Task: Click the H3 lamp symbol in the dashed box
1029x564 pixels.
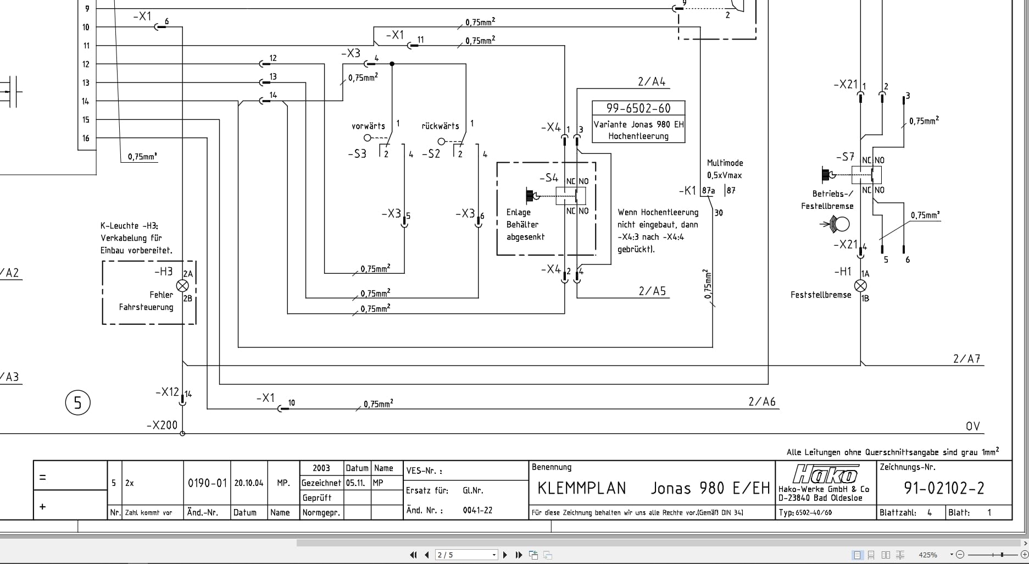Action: pos(182,286)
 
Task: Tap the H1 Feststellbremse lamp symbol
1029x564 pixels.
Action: pos(861,286)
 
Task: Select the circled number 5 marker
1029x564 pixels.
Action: pos(77,402)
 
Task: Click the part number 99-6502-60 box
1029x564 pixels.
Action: pos(638,108)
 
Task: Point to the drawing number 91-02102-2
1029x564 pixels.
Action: pos(944,488)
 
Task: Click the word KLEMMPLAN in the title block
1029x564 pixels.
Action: pos(581,488)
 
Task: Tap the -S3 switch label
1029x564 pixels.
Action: pos(357,154)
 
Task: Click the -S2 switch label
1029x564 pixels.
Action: pos(431,154)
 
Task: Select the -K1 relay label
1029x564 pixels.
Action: pos(687,191)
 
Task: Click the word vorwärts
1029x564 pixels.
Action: pos(368,126)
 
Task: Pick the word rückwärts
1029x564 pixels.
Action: pos(440,126)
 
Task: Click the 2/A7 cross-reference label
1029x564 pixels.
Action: pos(966,359)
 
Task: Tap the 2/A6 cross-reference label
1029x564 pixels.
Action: pos(761,402)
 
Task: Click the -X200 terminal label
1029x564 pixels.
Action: pos(162,425)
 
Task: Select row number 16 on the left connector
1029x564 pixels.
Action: pos(86,138)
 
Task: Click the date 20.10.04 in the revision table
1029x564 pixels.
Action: pos(248,483)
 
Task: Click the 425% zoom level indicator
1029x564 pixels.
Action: pos(928,555)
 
